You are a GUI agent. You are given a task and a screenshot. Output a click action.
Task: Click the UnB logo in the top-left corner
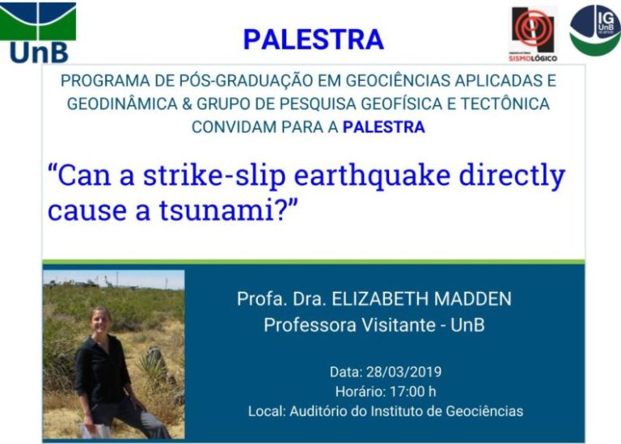[38, 33]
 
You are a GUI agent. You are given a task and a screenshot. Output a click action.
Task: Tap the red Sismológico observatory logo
[533, 35]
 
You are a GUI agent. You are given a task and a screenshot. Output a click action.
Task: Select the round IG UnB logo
[595, 30]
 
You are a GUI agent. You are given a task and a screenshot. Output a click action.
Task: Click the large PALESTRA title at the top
[313, 39]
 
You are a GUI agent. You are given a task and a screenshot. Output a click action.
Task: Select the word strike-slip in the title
[213, 175]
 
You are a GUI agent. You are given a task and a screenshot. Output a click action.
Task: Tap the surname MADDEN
[472, 298]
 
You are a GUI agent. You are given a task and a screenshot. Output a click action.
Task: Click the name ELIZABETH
[380, 298]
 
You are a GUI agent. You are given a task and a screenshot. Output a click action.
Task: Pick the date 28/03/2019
[403, 372]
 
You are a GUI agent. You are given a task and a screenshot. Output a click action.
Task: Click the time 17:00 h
[412, 391]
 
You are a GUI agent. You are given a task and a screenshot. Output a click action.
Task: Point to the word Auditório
[320, 411]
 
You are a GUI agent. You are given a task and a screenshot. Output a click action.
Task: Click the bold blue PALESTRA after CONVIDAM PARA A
[384, 127]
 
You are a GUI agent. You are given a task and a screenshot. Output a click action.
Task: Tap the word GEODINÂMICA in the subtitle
[122, 104]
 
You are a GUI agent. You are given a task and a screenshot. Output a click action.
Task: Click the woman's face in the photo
[99, 320]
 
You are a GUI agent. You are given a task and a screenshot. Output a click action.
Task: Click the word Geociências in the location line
[484, 411]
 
